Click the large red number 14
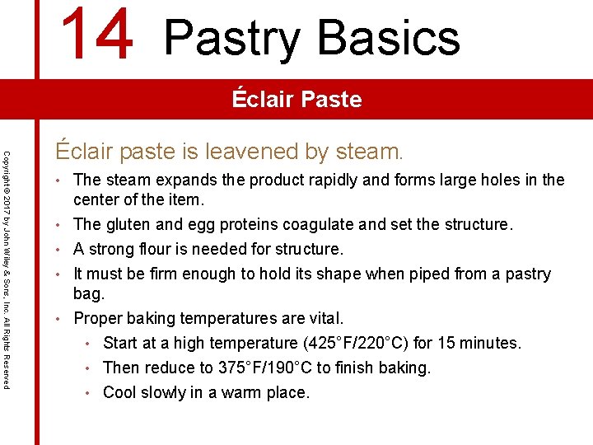point(97,35)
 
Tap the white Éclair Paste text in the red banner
point(296,100)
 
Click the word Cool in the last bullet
point(120,392)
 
